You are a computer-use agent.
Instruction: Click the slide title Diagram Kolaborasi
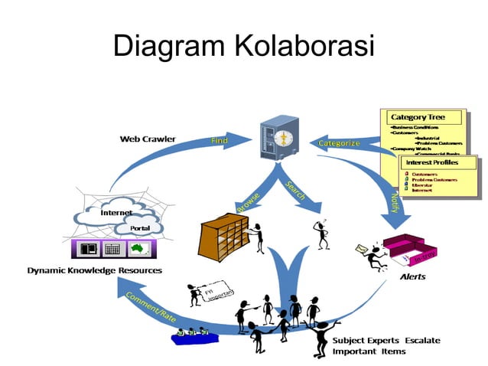pos(243,47)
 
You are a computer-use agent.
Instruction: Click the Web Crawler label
pos(148,139)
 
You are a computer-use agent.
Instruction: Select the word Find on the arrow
pos(219,140)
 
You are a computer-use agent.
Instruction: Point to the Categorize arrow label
pos(339,143)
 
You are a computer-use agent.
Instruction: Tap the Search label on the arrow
pos(296,191)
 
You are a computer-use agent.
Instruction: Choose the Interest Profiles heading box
pos(437,163)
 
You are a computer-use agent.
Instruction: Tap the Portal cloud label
pos(139,229)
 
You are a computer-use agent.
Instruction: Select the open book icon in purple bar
pos(89,250)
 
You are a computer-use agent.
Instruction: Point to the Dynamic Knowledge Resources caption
pos(95,270)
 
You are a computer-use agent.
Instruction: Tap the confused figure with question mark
pos(323,234)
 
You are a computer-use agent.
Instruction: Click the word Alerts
pos(413,276)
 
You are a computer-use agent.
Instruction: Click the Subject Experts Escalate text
pos(386,339)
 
